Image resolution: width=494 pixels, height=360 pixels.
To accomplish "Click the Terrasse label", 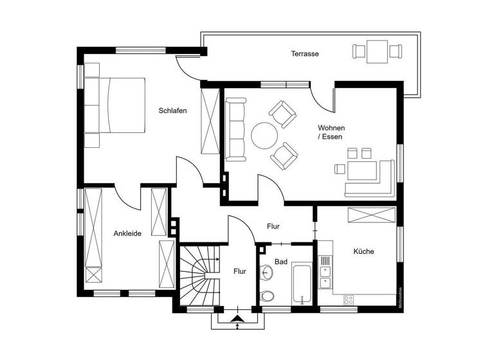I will tap(304, 54).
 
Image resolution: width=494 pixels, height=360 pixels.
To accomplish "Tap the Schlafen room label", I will tap(172, 111).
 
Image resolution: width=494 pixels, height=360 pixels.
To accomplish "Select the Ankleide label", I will tap(127, 233).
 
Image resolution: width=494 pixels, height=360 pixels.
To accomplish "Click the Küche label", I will tap(363, 251).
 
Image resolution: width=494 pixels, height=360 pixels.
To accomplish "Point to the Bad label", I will tap(281, 262).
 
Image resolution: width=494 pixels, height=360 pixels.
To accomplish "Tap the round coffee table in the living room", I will tap(264, 136).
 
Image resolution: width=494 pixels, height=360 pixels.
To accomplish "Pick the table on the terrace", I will tap(377, 51).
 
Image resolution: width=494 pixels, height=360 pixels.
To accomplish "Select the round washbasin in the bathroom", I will tap(267, 273).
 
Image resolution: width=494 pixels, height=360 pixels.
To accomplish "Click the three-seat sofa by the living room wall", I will tap(235, 129).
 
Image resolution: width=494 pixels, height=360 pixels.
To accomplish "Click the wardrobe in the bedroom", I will tap(210, 122).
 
